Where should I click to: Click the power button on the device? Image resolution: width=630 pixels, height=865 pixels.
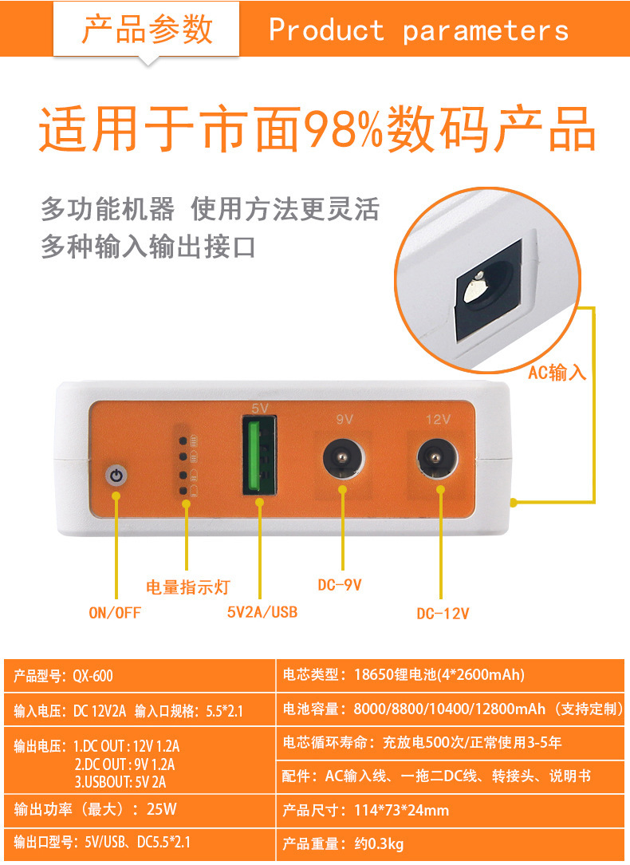(116, 476)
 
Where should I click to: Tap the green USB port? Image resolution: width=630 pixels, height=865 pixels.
(260, 455)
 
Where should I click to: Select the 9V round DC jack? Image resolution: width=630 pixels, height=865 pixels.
(343, 459)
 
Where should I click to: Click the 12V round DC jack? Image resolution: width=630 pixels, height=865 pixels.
(437, 459)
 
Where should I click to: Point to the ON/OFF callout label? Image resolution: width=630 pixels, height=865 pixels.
(115, 612)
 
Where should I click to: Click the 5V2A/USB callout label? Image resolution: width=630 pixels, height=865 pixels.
(262, 612)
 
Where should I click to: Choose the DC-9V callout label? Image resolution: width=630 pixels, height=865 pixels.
(340, 585)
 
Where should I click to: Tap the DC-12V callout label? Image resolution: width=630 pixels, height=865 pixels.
(443, 614)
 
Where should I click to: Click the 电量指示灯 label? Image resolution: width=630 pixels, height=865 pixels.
(188, 587)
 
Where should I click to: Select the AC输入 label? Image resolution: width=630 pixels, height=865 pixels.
(557, 373)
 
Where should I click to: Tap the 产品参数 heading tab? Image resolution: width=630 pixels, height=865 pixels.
(147, 30)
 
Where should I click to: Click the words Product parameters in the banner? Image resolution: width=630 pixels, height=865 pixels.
(419, 30)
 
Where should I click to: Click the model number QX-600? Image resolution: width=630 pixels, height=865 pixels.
(93, 676)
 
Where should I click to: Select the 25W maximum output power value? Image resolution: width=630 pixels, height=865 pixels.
(162, 809)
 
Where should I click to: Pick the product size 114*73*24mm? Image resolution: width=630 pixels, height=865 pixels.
(401, 811)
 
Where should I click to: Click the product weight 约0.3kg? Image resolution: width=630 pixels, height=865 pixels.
(380, 843)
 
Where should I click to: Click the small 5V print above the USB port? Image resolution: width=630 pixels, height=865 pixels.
(260, 409)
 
